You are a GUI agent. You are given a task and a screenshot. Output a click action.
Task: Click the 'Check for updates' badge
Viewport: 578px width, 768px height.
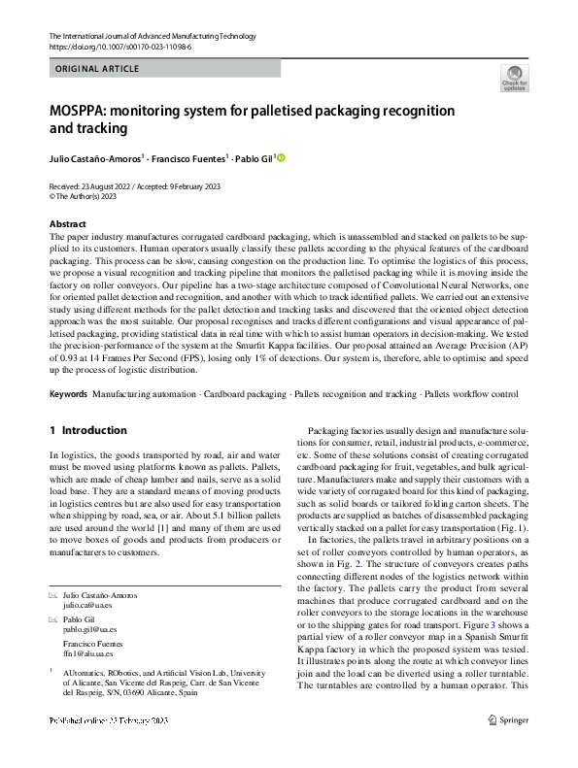coord(514,77)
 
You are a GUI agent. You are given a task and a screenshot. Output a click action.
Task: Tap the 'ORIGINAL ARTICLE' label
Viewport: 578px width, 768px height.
coord(98,69)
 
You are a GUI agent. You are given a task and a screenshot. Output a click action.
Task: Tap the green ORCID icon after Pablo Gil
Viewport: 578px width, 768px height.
coord(282,157)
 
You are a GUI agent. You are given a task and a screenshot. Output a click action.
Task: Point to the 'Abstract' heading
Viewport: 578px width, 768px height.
coord(68,224)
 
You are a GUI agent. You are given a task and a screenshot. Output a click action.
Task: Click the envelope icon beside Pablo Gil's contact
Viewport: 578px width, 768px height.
coord(53,618)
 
